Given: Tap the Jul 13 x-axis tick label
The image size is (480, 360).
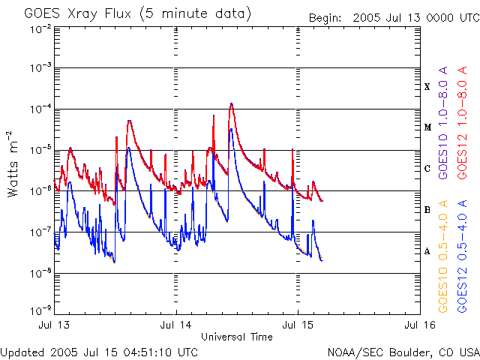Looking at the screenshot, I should click(55, 325).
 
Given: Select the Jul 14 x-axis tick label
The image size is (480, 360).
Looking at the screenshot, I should click(176, 325).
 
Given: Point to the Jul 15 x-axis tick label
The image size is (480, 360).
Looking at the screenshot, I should click(298, 325).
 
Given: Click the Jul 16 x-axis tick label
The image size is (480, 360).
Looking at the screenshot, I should click(418, 325).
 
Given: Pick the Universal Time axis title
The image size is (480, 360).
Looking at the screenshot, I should click(236, 337).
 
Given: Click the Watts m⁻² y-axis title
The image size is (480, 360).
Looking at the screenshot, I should click(13, 163).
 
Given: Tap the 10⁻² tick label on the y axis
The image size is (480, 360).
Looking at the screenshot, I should click(40, 28).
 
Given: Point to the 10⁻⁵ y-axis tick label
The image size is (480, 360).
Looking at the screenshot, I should click(40, 149).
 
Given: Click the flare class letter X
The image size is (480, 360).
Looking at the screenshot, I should click(427, 87).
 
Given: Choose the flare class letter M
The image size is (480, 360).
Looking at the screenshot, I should click(427, 127).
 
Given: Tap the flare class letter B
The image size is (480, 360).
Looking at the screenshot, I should click(427, 210).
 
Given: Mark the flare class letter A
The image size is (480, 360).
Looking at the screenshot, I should click(427, 251).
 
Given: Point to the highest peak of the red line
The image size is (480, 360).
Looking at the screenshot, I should click(232, 103).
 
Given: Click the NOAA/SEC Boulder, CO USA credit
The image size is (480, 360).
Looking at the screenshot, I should click(403, 352).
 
